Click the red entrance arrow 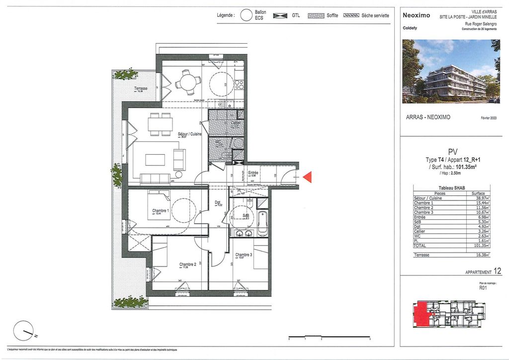307,177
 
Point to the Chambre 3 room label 244,255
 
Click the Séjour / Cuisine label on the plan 189,134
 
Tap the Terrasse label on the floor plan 141,89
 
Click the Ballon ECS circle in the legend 247,15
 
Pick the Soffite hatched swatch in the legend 316,15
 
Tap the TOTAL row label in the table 421,246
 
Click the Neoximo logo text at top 416,15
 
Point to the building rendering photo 451,71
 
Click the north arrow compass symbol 23,329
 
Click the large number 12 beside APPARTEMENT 498,271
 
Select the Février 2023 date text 489,118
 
